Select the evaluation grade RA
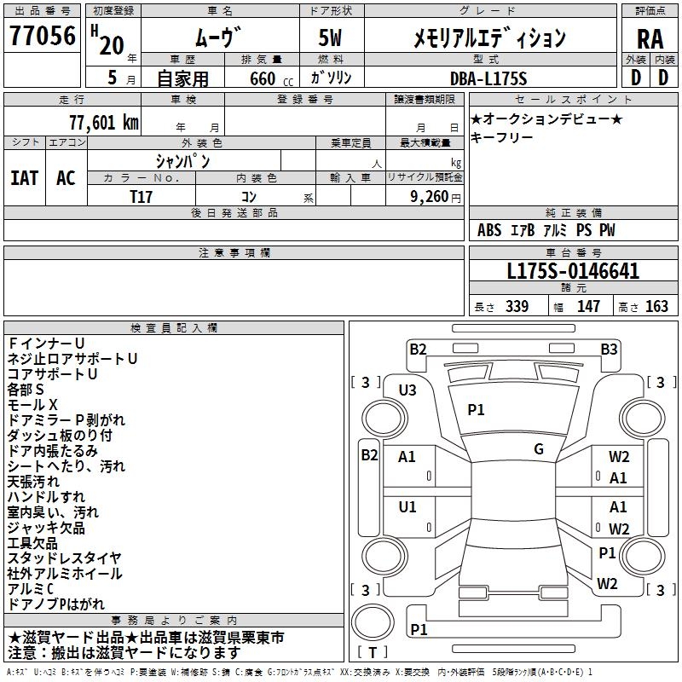point(650,38)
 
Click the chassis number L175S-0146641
point(573,272)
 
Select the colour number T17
point(142,196)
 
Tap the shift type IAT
point(25,178)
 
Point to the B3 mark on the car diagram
point(609,349)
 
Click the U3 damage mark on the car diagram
point(407,390)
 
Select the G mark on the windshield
point(539,449)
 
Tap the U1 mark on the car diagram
point(407,507)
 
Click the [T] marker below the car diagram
point(373,652)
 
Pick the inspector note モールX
point(33,404)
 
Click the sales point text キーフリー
point(502,137)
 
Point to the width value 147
point(588,307)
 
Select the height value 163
point(656,307)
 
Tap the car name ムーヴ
point(219,38)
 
